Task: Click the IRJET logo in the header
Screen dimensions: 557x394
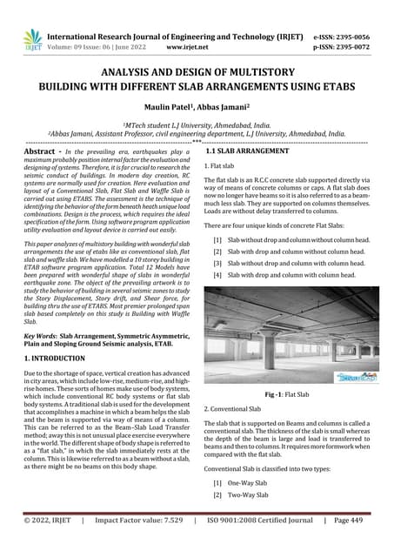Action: coord(32,38)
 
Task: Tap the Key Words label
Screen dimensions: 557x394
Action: coord(40,334)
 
